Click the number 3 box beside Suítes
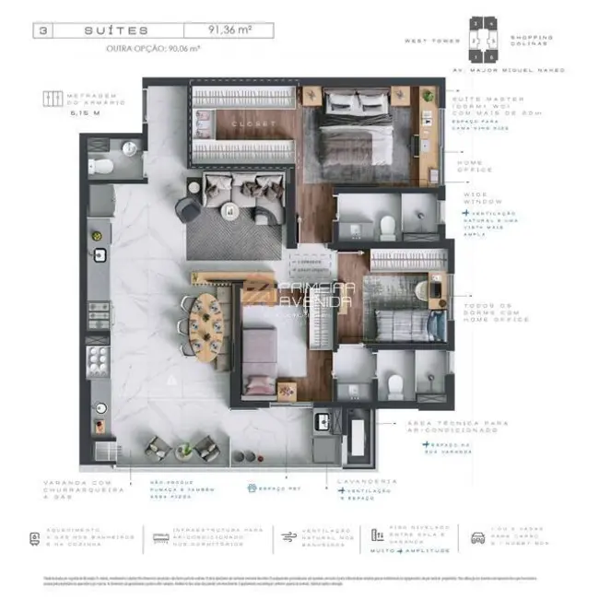point(42,30)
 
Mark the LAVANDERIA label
point(367,481)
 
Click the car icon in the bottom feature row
point(479,537)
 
